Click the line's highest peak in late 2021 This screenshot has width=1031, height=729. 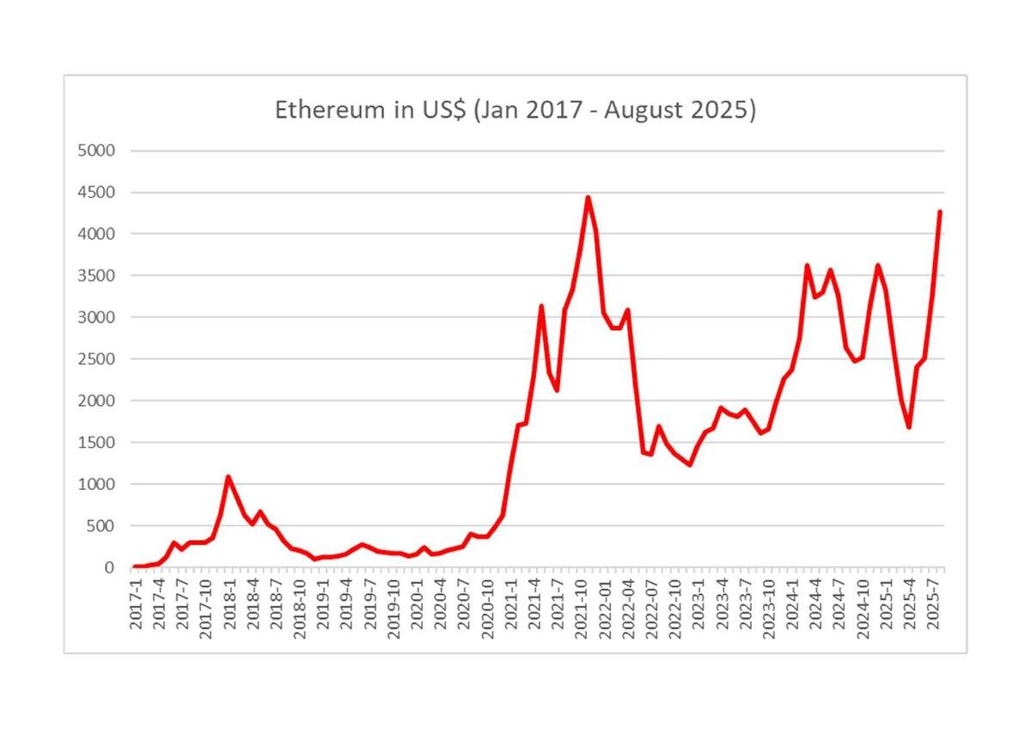589,198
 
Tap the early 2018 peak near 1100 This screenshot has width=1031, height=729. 229,476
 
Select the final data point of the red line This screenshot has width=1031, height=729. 940,211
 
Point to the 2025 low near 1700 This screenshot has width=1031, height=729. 909,427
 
